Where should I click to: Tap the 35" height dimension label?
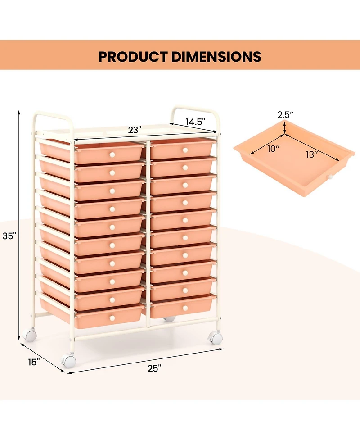(x=9, y=236)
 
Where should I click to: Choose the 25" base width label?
(x=154, y=368)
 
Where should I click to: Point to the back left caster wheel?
(x=30, y=336)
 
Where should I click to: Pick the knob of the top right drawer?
(x=184, y=150)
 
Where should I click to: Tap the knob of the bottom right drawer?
(x=184, y=308)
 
